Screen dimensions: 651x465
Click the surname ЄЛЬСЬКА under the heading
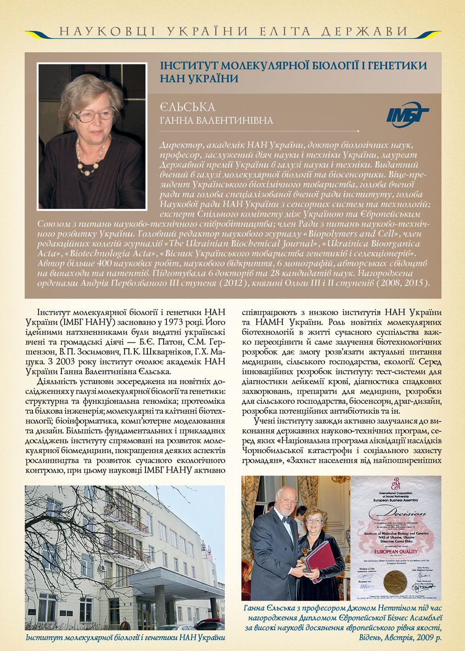tap(187, 108)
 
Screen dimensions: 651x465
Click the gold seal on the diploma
tap(395, 581)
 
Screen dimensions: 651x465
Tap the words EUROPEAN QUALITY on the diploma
tap(396, 552)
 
